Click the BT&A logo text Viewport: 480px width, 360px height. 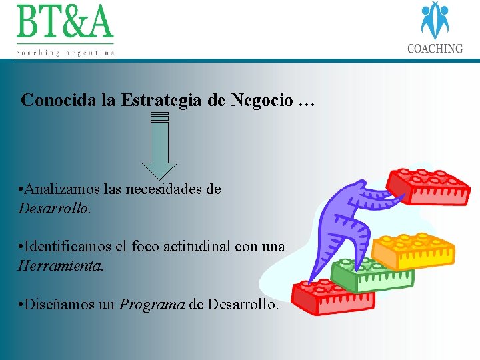pos(65,23)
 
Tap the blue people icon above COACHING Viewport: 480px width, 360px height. pos(435,20)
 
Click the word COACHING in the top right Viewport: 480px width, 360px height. pos(435,49)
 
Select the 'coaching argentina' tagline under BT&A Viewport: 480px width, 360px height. pos(65,52)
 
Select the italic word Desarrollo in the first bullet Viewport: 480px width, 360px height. pos(53,208)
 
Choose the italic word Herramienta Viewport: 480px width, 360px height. pos(60,265)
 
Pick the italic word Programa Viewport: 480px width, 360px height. pos(152,305)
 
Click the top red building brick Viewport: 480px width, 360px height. pos(429,186)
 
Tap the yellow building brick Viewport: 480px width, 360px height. pos(413,251)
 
